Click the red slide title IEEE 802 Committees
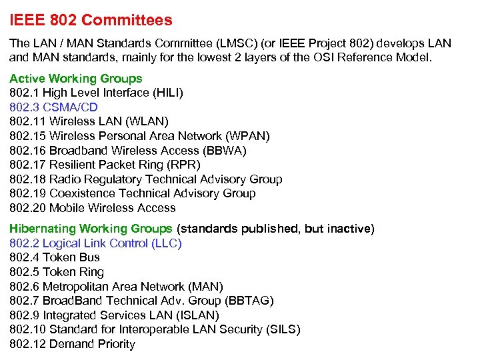[x=91, y=20]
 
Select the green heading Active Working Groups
[x=75, y=79]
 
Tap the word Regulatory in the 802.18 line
[x=115, y=179]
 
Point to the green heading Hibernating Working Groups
[x=91, y=229]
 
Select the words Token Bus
[x=71, y=257]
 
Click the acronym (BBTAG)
[x=249, y=301]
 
